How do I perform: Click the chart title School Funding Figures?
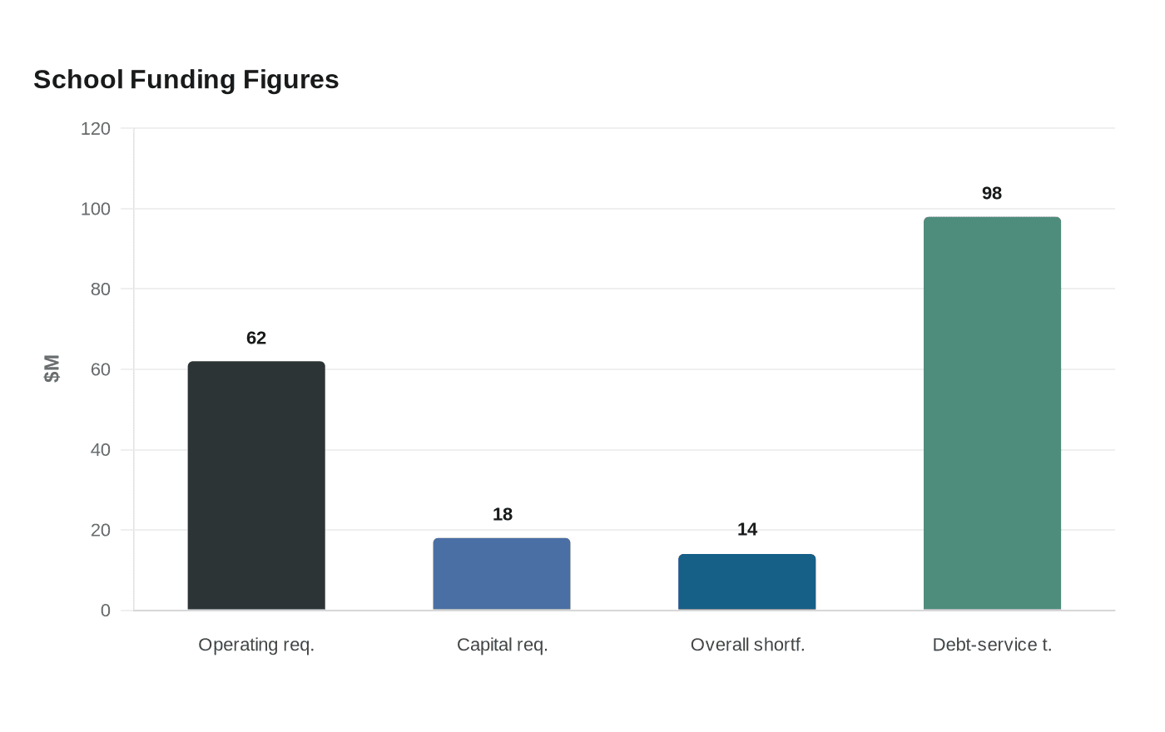click(186, 80)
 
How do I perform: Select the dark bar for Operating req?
click(256, 486)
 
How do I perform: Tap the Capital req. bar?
click(502, 574)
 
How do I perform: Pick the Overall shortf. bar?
click(747, 581)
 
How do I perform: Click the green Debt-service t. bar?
click(992, 413)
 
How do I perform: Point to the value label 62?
click(256, 338)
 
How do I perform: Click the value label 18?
click(503, 514)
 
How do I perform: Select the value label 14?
click(747, 529)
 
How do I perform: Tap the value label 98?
click(992, 193)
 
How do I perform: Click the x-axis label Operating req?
click(256, 645)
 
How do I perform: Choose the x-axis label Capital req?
click(503, 645)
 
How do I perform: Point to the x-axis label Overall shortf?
click(747, 645)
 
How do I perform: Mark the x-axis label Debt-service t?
click(992, 645)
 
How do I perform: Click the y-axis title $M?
click(52, 368)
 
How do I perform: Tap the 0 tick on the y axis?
click(106, 611)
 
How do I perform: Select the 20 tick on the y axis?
click(101, 531)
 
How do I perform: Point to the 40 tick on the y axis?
click(101, 450)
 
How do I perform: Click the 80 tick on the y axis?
click(101, 289)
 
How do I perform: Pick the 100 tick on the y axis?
click(96, 209)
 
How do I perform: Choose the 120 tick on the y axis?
click(96, 128)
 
